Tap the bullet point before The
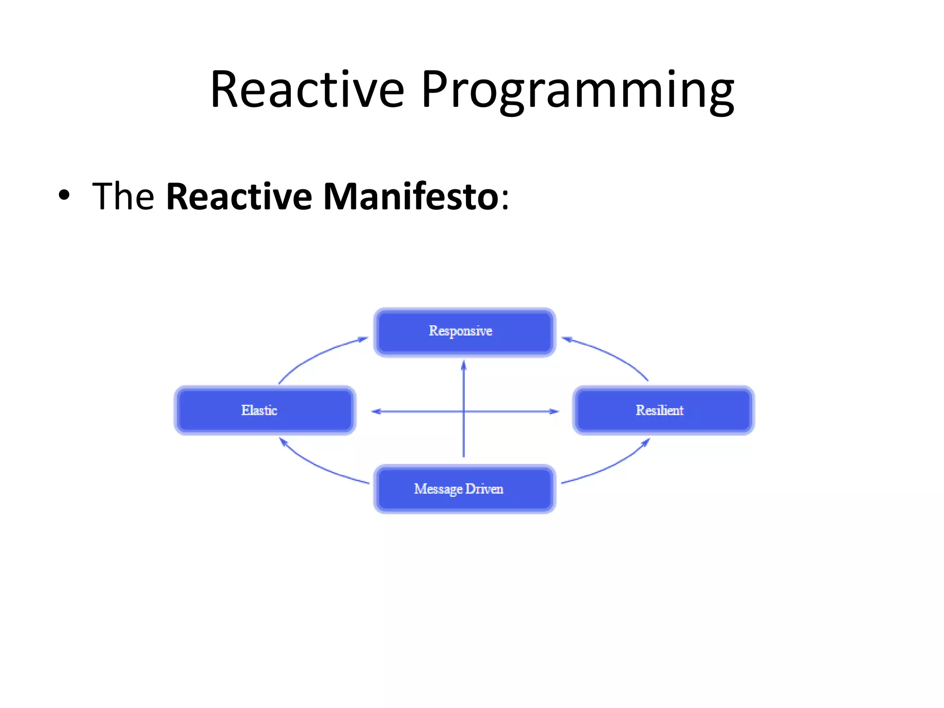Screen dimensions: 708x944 tap(65, 195)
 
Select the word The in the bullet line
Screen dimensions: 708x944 tap(123, 196)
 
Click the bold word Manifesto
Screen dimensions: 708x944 tap(411, 196)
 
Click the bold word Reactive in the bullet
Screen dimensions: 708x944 tap(239, 196)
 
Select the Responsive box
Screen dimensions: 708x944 tap(465, 332)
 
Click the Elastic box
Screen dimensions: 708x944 tap(265, 410)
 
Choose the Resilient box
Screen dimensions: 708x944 tap(663, 410)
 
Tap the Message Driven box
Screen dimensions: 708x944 tap(465, 489)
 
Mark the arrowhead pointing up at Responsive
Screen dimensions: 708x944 tap(464, 366)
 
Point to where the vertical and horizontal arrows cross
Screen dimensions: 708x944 tap(464, 411)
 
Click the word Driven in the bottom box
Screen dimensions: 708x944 tap(484, 489)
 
